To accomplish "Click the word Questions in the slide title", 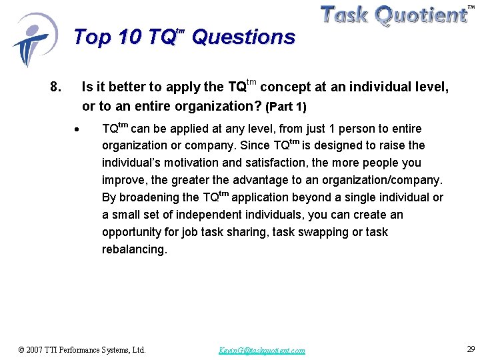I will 243,37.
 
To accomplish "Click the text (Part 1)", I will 286,107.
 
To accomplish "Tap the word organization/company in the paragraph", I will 383,180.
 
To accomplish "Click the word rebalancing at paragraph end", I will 133,249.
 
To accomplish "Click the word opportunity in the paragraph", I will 132,232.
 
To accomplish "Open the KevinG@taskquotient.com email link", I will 262,350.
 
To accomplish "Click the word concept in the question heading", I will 283,87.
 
